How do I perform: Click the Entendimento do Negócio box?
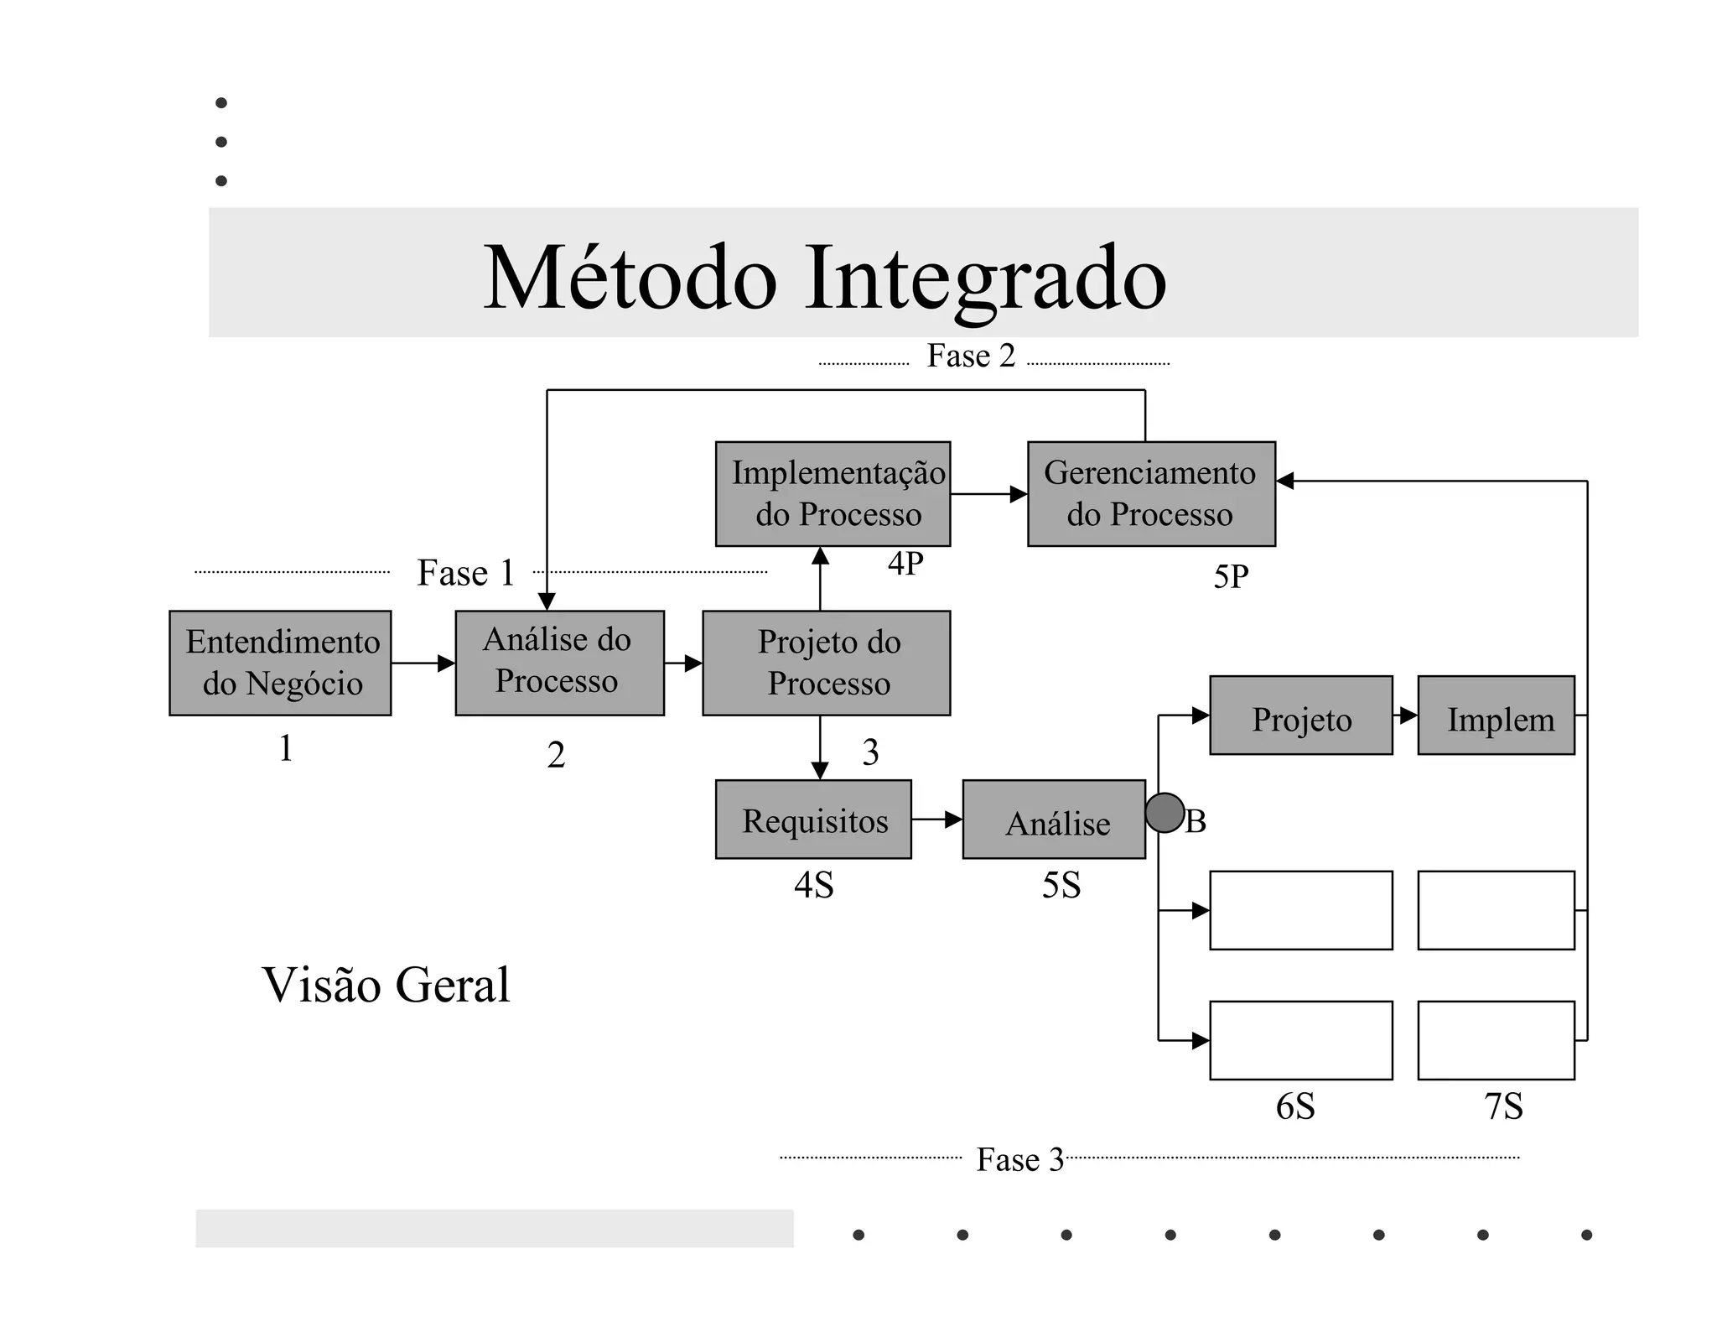tap(280, 663)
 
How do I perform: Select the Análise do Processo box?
tap(559, 663)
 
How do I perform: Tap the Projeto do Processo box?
tap(826, 663)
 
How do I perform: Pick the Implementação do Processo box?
tap(833, 493)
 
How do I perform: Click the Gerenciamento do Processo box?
tap(1151, 493)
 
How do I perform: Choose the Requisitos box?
tap(813, 820)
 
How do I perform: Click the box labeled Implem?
tap(1496, 716)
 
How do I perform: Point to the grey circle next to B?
tap(1165, 813)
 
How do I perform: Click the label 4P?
tap(905, 564)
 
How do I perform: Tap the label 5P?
tap(1231, 577)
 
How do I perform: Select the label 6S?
tap(1294, 1106)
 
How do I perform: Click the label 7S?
tap(1503, 1106)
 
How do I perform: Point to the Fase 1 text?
tap(465, 573)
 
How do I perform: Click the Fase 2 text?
tap(971, 356)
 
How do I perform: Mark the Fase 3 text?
tap(1019, 1160)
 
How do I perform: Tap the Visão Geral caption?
tap(386, 985)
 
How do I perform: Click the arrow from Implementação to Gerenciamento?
tap(988, 494)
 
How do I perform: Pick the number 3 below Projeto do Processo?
tap(870, 752)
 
